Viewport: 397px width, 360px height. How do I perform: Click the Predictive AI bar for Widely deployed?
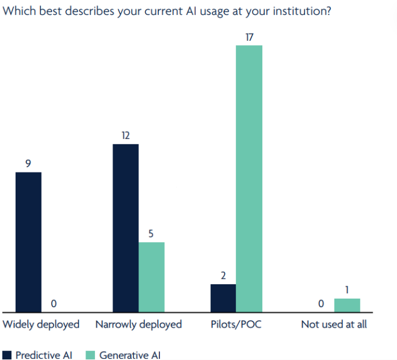(28, 242)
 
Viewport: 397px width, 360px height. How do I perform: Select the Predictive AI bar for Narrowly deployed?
(126, 228)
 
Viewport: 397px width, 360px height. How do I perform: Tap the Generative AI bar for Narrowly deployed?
(152, 277)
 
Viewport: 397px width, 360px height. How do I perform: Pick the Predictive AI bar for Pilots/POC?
(223, 298)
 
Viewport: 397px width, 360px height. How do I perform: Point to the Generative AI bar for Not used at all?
(347, 305)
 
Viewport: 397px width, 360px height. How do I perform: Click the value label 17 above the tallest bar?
(249, 37)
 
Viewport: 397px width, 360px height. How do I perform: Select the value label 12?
(126, 136)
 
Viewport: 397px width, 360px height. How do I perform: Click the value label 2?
(223, 276)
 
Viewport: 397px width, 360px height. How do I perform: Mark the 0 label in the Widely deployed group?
(54, 304)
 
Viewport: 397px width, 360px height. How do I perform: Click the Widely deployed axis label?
(42, 325)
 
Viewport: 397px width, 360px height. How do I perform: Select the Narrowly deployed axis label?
(138, 325)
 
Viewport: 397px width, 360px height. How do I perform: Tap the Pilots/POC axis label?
(236, 325)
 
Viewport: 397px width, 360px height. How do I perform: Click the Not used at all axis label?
(334, 325)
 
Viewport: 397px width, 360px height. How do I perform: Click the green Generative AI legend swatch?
(90, 355)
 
